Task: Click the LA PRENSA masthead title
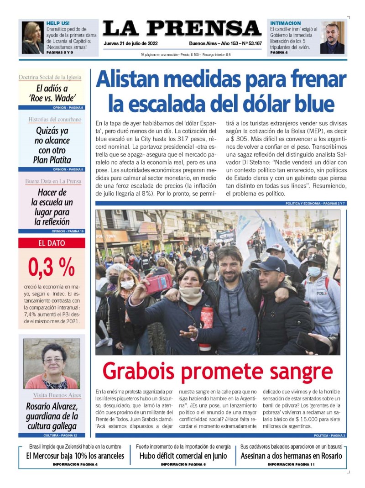point(182,28)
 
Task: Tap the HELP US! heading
point(58,23)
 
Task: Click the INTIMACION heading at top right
point(286,23)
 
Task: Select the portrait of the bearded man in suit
point(332,38)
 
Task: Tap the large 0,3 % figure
point(51,268)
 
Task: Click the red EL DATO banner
point(51,243)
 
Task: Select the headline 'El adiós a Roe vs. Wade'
point(52,94)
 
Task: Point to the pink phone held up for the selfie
point(158,283)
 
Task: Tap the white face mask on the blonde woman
point(128,284)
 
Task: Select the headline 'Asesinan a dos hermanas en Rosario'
point(291,456)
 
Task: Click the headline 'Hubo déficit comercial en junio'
point(183,456)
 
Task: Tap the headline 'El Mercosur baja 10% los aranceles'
point(75,456)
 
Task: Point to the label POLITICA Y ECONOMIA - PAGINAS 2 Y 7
point(315,203)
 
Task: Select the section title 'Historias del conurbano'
point(55,120)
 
